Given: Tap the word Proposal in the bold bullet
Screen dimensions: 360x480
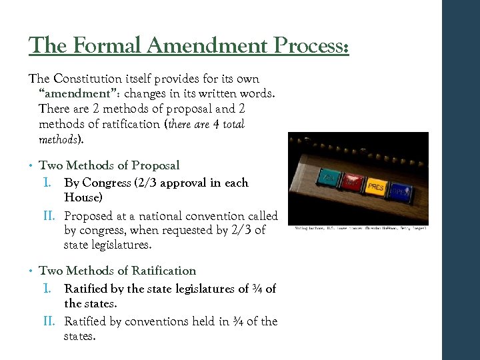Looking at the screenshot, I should pos(155,165).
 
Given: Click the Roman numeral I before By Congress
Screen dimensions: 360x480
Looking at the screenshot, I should pos(47,183).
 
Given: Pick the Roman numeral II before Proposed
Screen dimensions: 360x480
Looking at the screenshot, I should pos(50,216).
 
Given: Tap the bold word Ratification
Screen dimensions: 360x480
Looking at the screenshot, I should pos(164,271).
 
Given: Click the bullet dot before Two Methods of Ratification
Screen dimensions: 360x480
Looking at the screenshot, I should pos(32,271).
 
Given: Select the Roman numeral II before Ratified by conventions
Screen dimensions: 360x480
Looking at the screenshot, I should pos(50,321).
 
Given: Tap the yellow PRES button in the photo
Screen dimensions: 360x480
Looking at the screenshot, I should pos(376,186).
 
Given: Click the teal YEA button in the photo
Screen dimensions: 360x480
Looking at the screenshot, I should pos(328,179).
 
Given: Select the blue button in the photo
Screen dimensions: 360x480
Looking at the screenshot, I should pos(401,191).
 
